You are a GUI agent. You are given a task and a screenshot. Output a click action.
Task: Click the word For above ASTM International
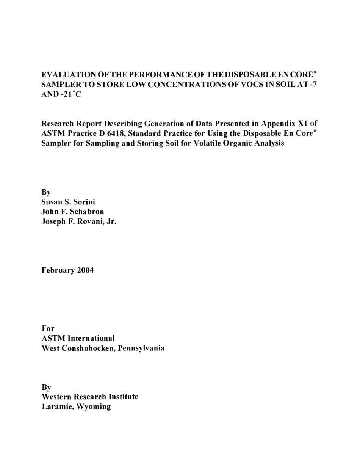pos(48,328)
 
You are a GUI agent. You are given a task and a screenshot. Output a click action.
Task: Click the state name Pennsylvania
pos(141,348)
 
